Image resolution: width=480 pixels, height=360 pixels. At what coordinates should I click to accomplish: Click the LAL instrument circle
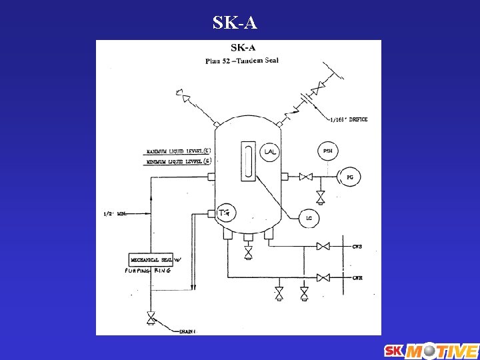(x=269, y=152)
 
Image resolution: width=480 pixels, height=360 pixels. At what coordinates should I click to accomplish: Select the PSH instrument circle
(x=327, y=151)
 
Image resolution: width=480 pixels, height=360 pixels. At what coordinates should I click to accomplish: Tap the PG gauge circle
(x=349, y=177)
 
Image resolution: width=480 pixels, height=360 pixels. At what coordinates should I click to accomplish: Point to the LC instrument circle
(x=309, y=217)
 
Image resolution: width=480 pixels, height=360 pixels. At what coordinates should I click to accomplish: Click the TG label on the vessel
(x=225, y=213)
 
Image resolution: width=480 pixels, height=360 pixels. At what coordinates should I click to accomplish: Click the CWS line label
(x=357, y=247)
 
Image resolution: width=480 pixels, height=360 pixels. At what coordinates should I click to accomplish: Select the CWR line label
(x=357, y=277)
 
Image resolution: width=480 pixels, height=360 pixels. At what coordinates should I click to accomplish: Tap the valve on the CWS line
(x=323, y=247)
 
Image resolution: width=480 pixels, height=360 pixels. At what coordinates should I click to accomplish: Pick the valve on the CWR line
(x=323, y=277)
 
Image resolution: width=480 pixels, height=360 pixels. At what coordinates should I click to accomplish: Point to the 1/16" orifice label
(x=349, y=120)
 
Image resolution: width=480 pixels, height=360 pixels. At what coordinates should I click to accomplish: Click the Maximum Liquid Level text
(x=179, y=151)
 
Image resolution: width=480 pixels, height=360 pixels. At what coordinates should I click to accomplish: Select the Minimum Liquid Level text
(x=179, y=161)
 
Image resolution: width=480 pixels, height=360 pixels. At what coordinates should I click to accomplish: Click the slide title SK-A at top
(x=235, y=23)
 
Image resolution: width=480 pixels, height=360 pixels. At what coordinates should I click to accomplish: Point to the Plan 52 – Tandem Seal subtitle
(x=242, y=61)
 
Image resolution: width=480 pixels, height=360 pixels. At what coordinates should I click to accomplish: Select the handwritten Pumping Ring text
(x=147, y=271)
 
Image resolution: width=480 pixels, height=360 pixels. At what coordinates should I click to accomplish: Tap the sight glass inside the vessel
(x=248, y=160)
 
